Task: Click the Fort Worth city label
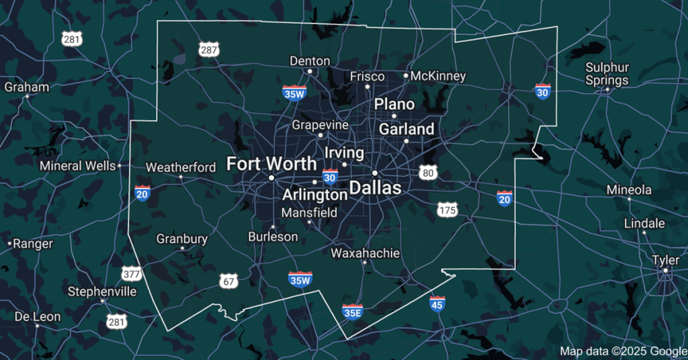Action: point(271,163)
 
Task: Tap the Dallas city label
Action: point(374,187)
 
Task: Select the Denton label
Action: point(310,61)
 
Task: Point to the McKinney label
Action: point(437,76)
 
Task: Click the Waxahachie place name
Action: point(365,253)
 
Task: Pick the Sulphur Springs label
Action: point(607,74)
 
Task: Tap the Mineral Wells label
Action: point(78,165)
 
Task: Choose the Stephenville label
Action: point(102,291)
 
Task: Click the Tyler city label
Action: point(665,260)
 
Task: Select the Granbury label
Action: point(182,238)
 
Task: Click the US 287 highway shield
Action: point(209,49)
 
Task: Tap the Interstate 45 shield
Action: point(437,304)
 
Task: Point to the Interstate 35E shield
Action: point(353,311)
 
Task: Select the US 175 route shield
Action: point(447,210)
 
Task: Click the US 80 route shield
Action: point(429,173)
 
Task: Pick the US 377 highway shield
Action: point(132,273)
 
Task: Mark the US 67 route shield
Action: point(228,281)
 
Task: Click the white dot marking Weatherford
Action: point(181,177)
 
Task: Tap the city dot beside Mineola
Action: point(629,199)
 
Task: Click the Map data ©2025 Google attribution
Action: point(623,351)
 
